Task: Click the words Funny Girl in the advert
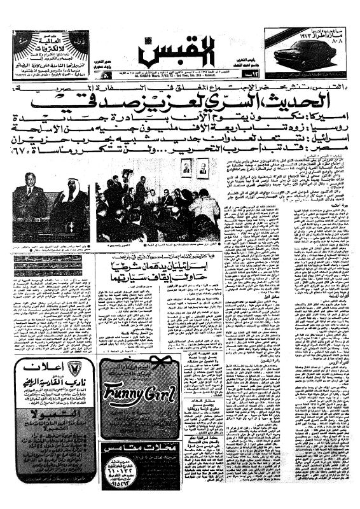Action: coord(139,393)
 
